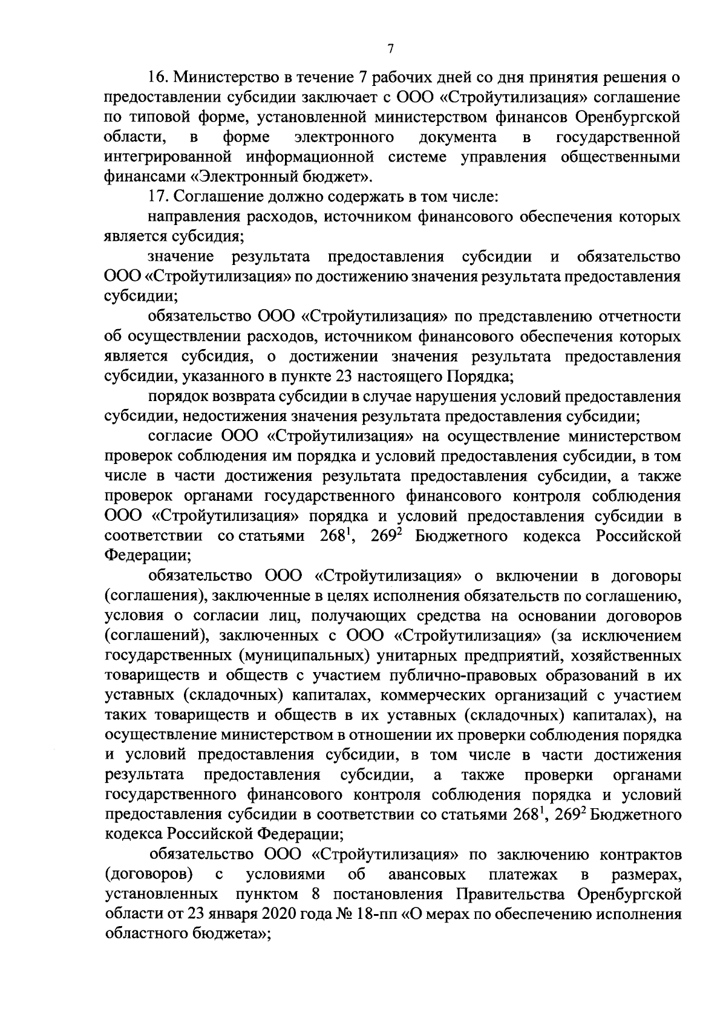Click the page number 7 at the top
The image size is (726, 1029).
point(391,49)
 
